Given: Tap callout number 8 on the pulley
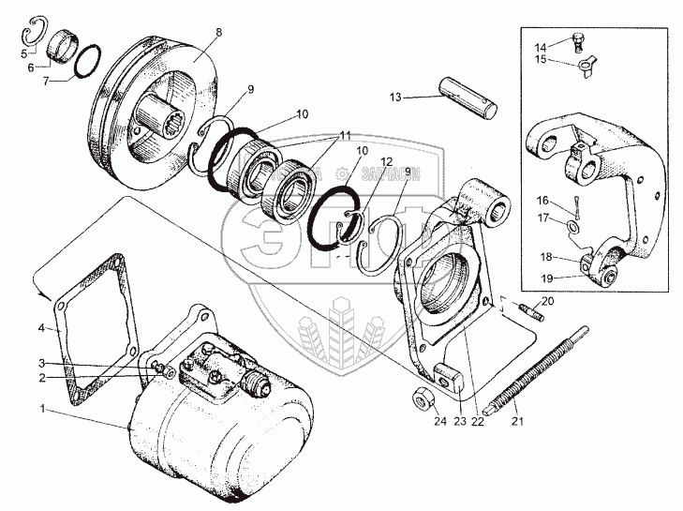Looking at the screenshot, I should click(217, 32).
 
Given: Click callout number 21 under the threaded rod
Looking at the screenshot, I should click(517, 421).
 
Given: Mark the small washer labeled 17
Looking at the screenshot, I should click(572, 226).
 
